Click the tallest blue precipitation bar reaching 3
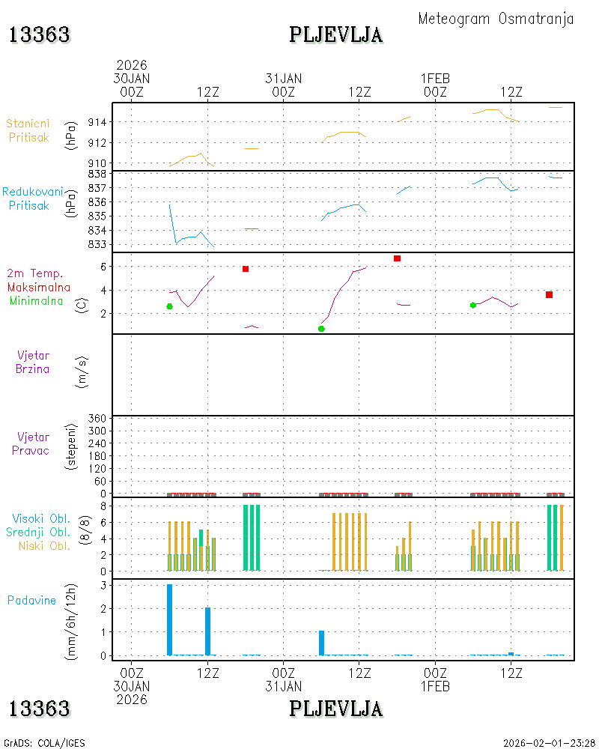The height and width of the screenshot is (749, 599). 169,619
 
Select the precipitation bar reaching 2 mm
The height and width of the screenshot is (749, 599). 208,631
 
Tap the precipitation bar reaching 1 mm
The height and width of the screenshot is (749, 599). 321,643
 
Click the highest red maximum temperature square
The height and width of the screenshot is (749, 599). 397,258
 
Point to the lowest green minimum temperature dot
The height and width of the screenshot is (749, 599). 321,329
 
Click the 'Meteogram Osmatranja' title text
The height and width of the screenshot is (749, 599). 496,19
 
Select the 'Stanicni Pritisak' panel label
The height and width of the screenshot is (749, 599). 28,130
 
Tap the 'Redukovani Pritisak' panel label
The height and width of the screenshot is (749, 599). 32,198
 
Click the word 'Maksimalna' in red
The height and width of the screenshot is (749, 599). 39,287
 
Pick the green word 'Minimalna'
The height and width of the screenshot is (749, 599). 36,301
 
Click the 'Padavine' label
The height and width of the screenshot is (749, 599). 31,601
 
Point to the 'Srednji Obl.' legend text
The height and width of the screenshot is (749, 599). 38,532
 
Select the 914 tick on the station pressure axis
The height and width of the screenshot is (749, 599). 97,122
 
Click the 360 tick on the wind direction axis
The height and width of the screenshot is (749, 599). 97,419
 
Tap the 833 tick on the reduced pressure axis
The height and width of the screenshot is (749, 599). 97,245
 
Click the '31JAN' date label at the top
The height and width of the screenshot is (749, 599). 284,79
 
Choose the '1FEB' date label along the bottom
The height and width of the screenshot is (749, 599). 435,686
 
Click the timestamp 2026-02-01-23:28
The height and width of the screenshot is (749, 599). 549,743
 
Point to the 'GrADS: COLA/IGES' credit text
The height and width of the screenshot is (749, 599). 44,743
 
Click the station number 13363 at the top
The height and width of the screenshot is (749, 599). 40,35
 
